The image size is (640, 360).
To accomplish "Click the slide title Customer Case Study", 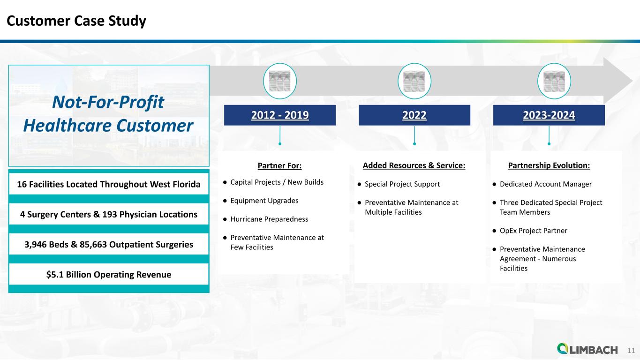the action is tap(76, 21).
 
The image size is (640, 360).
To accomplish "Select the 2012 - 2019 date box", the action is tap(280, 115).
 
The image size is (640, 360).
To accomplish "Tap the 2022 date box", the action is tap(414, 115).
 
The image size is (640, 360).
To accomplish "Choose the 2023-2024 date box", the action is tap(549, 115).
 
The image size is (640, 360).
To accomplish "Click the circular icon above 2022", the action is tap(414, 81).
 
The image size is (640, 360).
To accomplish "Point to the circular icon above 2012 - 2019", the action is tap(280, 81).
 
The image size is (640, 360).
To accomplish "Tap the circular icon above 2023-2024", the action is tap(554, 81).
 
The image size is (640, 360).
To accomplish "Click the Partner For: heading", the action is tap(280, 166).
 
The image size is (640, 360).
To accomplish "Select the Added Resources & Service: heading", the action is tap(414, 165).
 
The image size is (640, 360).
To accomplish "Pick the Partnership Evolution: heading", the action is tap(549, 165).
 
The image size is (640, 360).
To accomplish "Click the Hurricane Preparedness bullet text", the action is tap(269, 219).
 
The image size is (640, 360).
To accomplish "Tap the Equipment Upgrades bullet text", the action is tap(264, 201).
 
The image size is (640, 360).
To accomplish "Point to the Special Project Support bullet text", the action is tap(402, 184).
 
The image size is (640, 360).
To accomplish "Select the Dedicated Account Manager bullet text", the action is tap(546, 184).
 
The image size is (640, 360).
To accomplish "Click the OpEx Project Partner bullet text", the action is tap(534, 231).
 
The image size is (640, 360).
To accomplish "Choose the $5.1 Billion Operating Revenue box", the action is tap(109, 274).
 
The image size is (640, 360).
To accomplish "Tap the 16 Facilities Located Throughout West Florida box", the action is tap(109, 184).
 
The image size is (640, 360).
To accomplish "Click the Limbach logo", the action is tap(587, 349).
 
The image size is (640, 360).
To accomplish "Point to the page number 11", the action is tap(631, 350).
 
